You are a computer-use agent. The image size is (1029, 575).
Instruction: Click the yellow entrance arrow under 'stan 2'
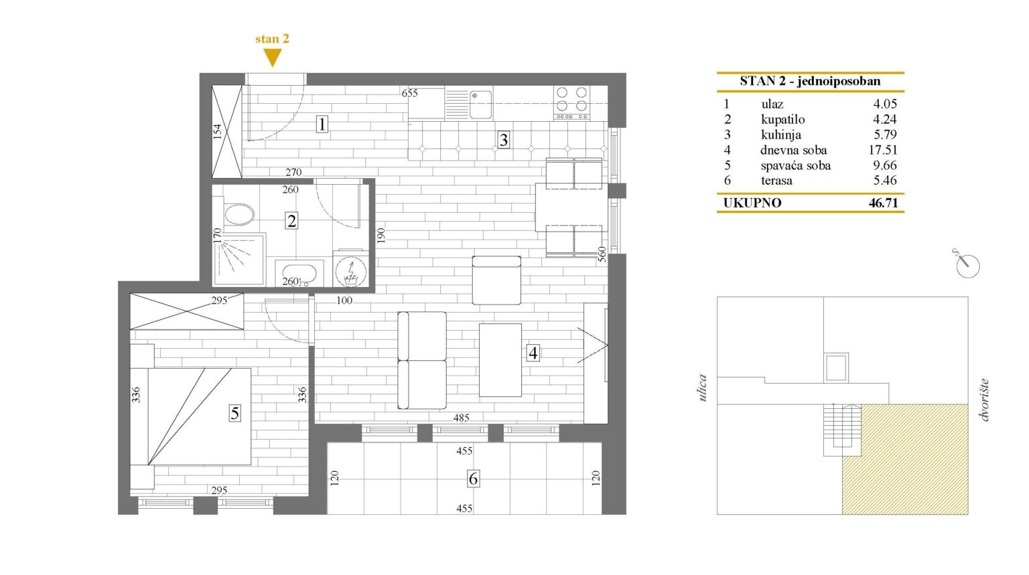click(x=272, y=58)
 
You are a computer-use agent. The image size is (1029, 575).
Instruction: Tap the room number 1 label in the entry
click(x=322, y=125)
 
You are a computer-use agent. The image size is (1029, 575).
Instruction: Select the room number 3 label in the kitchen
click(x=504, y=140)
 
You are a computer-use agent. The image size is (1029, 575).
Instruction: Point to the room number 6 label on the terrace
click(x=473, y=479)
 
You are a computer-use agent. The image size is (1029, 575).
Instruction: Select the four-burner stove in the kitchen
click(x=571, y=103)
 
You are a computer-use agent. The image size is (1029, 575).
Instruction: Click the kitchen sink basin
click(x=480, y=104)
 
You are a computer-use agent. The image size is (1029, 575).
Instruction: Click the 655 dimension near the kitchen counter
click(x=410, y=94)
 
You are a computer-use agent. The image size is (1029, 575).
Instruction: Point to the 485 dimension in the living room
click(x=461, y=418)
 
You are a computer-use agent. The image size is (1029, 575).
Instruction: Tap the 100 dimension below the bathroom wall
click(x=344, y=301)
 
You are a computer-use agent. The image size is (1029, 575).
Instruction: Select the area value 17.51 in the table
click(x=882, y=150)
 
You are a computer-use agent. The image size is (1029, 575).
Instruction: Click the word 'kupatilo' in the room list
click(x=782, y=120)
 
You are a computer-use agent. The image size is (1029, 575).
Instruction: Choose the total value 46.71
click(x=883, y=203)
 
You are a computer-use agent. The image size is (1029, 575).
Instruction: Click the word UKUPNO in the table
click(x=752, y=203)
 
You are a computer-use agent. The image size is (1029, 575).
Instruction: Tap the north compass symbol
click(x=966, y=264)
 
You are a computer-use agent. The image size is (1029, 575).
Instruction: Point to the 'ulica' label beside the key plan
click(x=702, y=388)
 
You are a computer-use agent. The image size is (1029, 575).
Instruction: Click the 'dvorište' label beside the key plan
click(x=983, y=400)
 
